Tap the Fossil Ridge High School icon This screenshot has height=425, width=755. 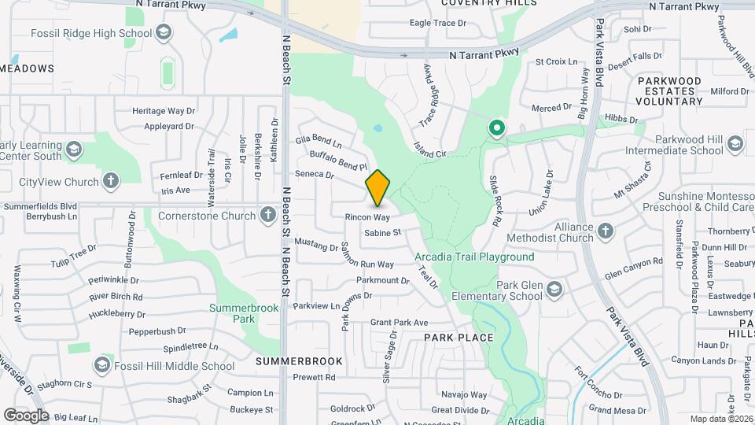pos(164,32)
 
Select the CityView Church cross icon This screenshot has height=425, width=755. pos(111,182)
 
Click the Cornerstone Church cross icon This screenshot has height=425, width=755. pos(268,215)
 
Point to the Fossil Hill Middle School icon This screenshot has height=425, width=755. pos(102,365)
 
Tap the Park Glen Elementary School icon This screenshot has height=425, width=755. pos(554,290)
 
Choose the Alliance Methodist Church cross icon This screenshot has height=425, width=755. pos(605,231)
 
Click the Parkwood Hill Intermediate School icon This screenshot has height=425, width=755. pos(735,143)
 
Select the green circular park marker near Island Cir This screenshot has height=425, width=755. pos(496,128)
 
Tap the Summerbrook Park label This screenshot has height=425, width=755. pos(244,313)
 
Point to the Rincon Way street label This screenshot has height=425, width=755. pos(367,216)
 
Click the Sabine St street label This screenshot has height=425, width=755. pos(383,233)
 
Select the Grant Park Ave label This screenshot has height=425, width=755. pos(399,323)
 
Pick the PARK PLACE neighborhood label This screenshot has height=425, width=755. pos(459,338)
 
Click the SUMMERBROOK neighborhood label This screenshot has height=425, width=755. pos(299,361)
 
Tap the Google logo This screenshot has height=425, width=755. pos(26,415)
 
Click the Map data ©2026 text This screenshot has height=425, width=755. pos(720,419)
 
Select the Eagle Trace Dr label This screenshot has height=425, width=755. pos(438,24)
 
